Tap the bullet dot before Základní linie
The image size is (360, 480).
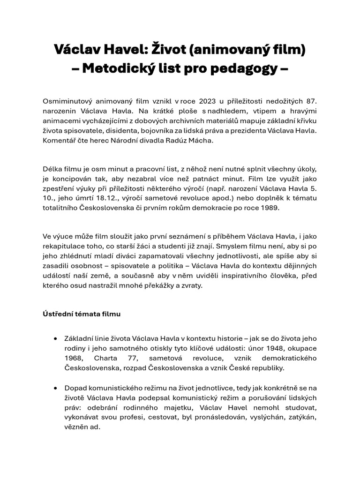coord(56,337)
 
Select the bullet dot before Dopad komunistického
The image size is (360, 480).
coord(56,388)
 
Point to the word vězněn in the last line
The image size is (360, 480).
coord(77,427)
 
